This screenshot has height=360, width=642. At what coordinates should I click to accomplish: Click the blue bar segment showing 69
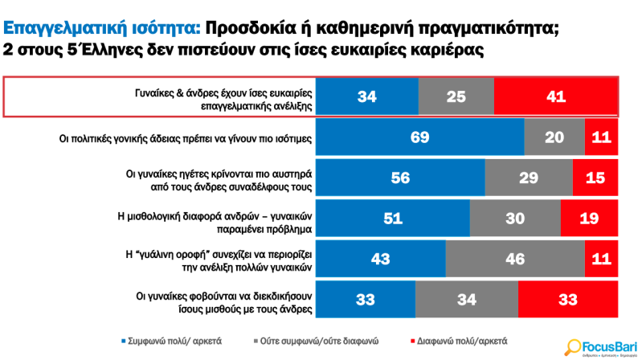coord(419,137)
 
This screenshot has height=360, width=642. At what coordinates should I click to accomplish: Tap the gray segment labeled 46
coord(514,259)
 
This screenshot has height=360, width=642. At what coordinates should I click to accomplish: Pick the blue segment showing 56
coord(400,178)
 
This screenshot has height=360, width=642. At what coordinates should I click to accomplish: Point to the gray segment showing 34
coord(467,299)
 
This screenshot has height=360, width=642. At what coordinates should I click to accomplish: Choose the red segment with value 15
coord(595,178)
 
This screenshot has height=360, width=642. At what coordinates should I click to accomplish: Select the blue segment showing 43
coord(380,259)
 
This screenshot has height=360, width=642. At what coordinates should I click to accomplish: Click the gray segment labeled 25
coord(456,97)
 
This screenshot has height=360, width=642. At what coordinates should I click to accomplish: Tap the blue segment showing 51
coord(392,218)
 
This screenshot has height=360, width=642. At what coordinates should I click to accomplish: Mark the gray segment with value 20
coord(554,137)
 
